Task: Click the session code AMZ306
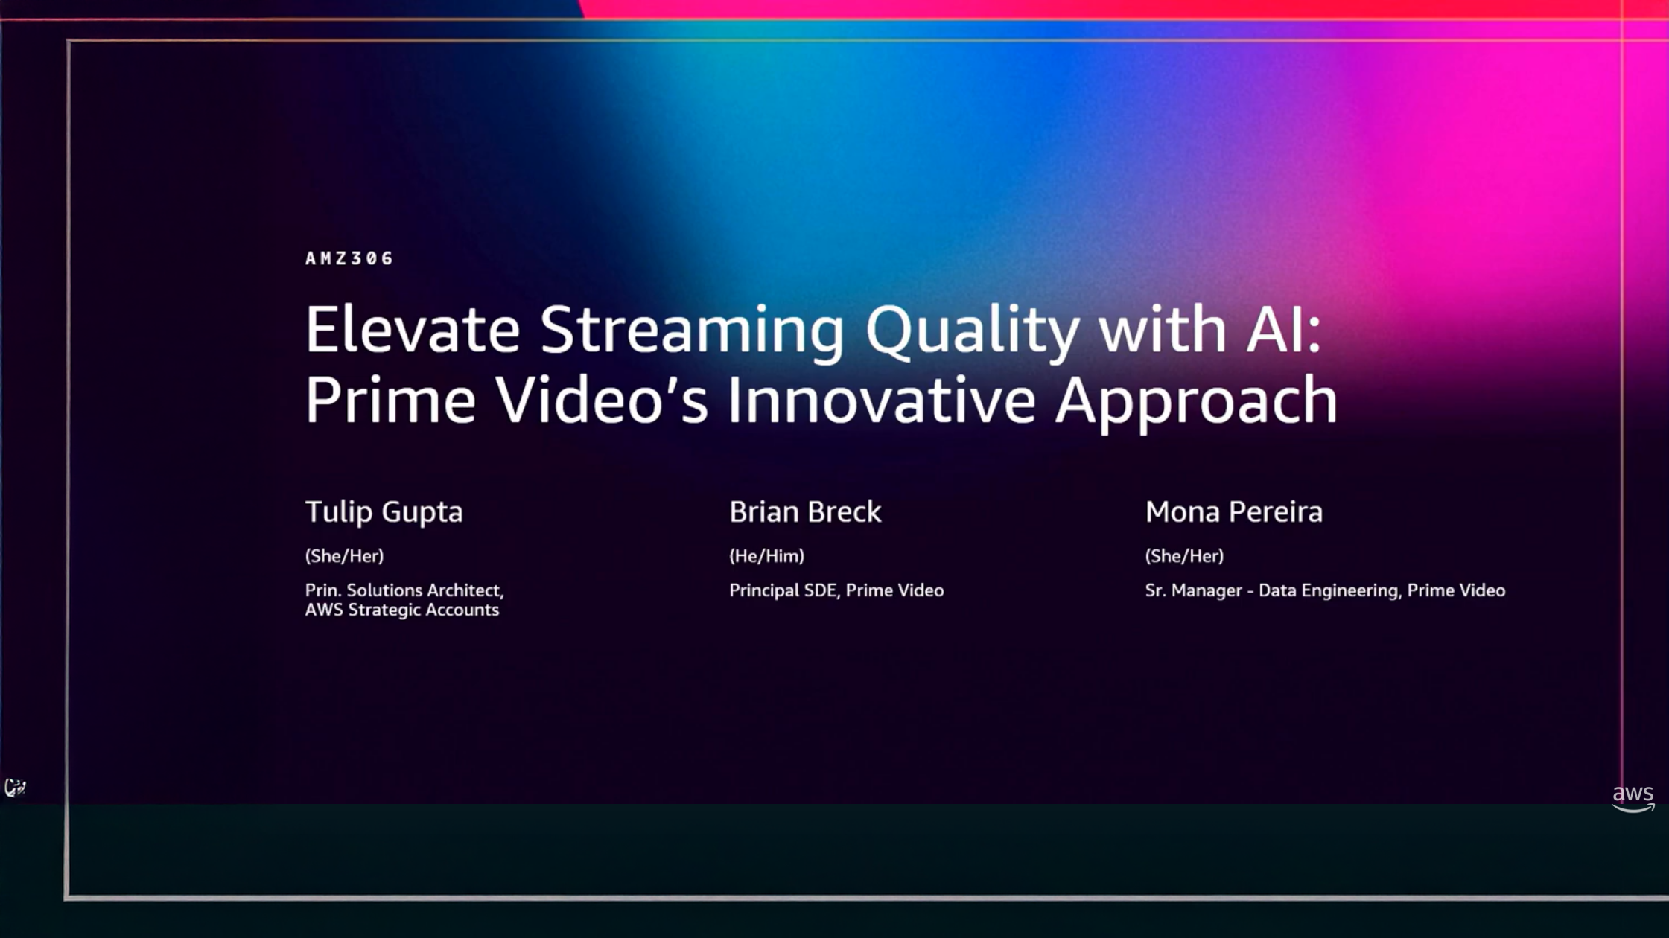point(349,258)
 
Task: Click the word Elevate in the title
point(413,329)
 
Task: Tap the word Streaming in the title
point(692,334)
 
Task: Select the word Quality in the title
point(972,334)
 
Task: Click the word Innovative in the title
point(881,400)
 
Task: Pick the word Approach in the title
point(1196,404)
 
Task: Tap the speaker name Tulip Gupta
point(384,512)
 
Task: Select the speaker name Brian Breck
point(805,512)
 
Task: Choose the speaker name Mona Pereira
point(1234,512)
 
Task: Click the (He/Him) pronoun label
point(766,555)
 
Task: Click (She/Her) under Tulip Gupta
point(344,555)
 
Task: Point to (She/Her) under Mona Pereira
point(1184,555)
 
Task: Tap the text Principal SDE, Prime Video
point(836,590)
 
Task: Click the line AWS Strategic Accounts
point(402,610)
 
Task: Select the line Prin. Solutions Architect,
point(404,590)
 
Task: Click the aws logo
point(1633,798)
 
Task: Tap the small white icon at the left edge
point(15,787)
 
